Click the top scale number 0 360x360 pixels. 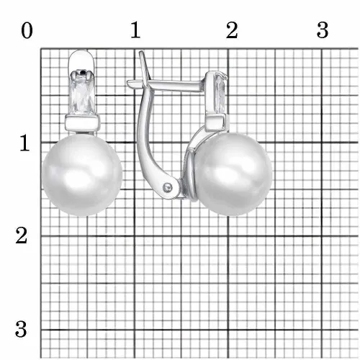27,31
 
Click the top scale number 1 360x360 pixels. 135,30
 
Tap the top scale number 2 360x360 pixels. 232,30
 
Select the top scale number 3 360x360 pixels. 323,30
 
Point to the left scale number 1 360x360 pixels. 24,143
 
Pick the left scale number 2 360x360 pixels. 22,235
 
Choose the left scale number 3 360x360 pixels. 21,329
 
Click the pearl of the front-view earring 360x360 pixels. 82,175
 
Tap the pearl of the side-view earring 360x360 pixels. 233,174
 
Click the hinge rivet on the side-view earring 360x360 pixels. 168,186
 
